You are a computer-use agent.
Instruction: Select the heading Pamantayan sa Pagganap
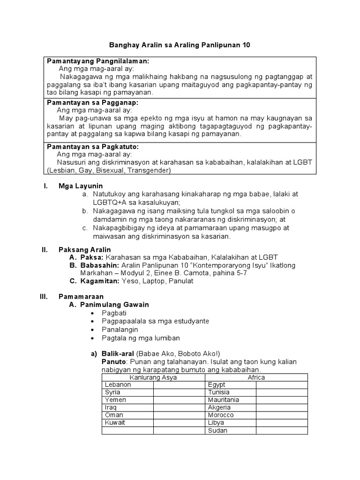click(93, 103)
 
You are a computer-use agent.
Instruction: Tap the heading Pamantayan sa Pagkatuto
click(93, 147)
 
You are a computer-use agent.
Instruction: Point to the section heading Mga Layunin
click(80, 186)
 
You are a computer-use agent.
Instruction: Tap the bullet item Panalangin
click(120, 330)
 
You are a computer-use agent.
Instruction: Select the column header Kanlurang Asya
click(153, 377)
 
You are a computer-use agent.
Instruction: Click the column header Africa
click(256, 377)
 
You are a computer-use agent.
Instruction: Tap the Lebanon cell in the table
click(118, 385)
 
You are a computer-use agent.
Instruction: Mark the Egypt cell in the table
click(216, 385)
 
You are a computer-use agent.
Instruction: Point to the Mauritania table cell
click(224, 400)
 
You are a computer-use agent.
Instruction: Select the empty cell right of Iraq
click(179, 407)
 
